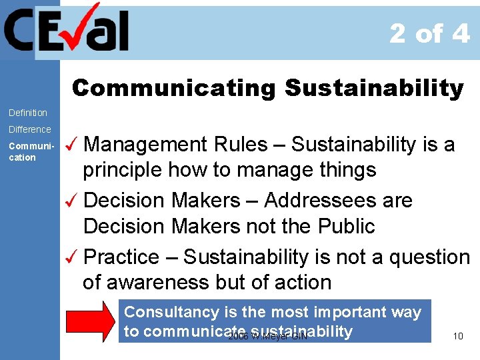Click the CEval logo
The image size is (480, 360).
[67, 30]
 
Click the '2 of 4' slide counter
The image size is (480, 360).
[429, 33]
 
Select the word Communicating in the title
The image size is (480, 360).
[173, 88]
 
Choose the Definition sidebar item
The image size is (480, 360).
[28, 113]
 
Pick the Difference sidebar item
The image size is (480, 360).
[29, 129]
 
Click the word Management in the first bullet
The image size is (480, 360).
[147, 144]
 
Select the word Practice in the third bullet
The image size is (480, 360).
[122, 257]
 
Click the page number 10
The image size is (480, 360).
[458, 336]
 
